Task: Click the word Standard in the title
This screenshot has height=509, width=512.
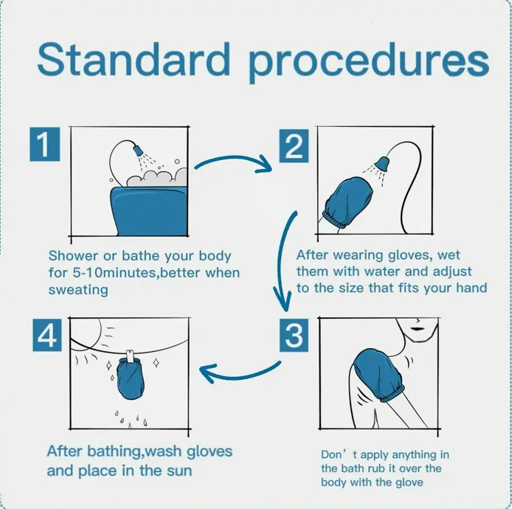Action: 134,59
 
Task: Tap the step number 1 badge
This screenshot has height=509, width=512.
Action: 45,144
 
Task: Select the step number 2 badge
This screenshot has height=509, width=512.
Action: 294,145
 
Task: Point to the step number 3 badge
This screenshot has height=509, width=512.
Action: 294,335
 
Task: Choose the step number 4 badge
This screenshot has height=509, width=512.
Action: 47,335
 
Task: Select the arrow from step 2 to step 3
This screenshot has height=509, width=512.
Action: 280,261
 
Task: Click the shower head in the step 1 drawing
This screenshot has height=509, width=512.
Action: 139,150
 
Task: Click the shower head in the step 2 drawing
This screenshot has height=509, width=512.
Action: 382,164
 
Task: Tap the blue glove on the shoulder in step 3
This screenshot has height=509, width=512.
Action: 379,375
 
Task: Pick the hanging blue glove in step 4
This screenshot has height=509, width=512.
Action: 131,378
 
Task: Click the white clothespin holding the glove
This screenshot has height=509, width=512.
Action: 131,356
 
